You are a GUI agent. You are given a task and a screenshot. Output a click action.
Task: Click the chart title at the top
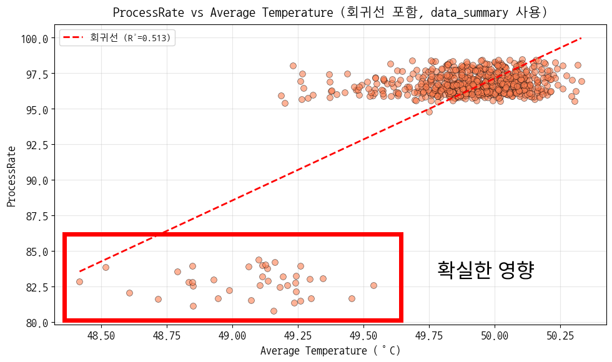pos(330,12)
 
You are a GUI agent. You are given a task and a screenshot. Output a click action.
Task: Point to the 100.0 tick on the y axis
pos(35,39)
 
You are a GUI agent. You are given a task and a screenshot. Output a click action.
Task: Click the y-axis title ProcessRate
pos(11,177)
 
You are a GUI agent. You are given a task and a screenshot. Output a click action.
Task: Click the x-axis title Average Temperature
pos(330,351)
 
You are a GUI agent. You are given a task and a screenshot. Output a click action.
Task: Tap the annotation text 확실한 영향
pos(486,270)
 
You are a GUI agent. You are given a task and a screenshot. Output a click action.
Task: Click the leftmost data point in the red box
pos(79,281)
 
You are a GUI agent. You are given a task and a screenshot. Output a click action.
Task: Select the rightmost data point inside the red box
pos(373,285)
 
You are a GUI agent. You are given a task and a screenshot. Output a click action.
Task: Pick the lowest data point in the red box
pos(274,311)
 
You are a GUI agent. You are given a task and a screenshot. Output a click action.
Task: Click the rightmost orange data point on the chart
pos(581,81)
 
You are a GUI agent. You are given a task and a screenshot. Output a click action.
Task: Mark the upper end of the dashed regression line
pos(581,38)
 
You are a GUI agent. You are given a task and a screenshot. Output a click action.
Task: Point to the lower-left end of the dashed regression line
pos(80,271)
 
